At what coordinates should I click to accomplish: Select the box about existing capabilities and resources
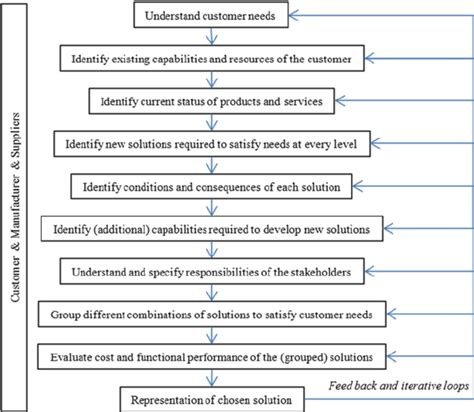coord(211,59)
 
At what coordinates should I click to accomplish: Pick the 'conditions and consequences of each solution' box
coord(212,186)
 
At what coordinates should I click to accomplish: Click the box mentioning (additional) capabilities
coord(211,229)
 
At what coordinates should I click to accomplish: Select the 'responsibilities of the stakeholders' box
coord(211,271)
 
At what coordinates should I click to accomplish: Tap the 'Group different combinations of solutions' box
coord(211,314)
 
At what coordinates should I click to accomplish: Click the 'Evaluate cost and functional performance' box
coord(211,356)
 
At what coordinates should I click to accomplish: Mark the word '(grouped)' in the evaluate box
coord(294,356)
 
